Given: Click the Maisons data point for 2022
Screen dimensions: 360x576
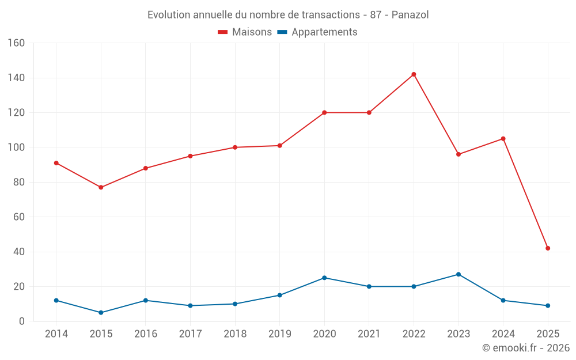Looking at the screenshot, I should tap(414, 74).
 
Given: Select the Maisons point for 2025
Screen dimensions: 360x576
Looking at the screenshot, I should tap(548, 248).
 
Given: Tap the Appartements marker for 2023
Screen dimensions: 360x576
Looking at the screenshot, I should tap(458, 274).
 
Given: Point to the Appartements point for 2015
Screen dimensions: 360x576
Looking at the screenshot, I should tap(101, 313).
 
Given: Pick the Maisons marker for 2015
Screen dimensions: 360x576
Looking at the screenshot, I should tap(101, 187).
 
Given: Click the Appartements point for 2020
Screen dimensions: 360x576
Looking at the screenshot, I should tap(324, 278).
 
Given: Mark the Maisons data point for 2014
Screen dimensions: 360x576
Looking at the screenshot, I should tap(56, 163).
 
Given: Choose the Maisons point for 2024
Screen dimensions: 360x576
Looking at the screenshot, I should tap(503, 139).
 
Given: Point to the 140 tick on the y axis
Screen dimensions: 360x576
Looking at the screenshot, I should tap(17, 78).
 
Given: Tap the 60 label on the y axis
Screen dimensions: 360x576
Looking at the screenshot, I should tap(19, 217).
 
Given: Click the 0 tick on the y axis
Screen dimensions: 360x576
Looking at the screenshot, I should tap(22, 321).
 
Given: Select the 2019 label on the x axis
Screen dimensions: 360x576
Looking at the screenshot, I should tap(279, 334).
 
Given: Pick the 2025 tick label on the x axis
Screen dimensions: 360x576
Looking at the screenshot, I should tap(548, 334).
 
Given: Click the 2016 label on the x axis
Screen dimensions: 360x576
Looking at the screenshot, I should tap(146, 334).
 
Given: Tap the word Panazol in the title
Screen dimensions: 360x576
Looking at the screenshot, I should tap(410, 14).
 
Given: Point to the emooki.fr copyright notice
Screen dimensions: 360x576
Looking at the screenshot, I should tap(526, 348).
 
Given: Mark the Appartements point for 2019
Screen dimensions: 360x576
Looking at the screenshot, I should tap(279, 295).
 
